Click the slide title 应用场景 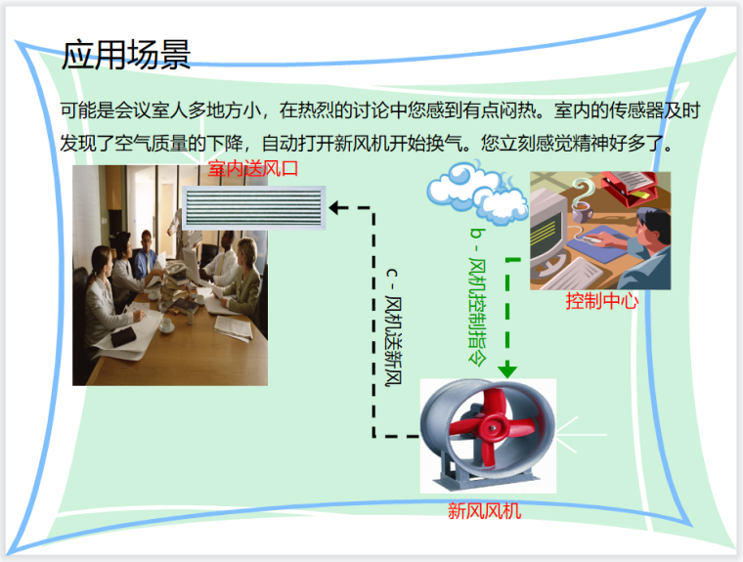coord(125,56)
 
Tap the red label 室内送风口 coord(252,169)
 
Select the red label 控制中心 coord(601,301)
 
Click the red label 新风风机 coord(486,509)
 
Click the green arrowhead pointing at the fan coord(506,370)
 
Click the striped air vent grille coord(253,205)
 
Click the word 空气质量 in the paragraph coord(180,144)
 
